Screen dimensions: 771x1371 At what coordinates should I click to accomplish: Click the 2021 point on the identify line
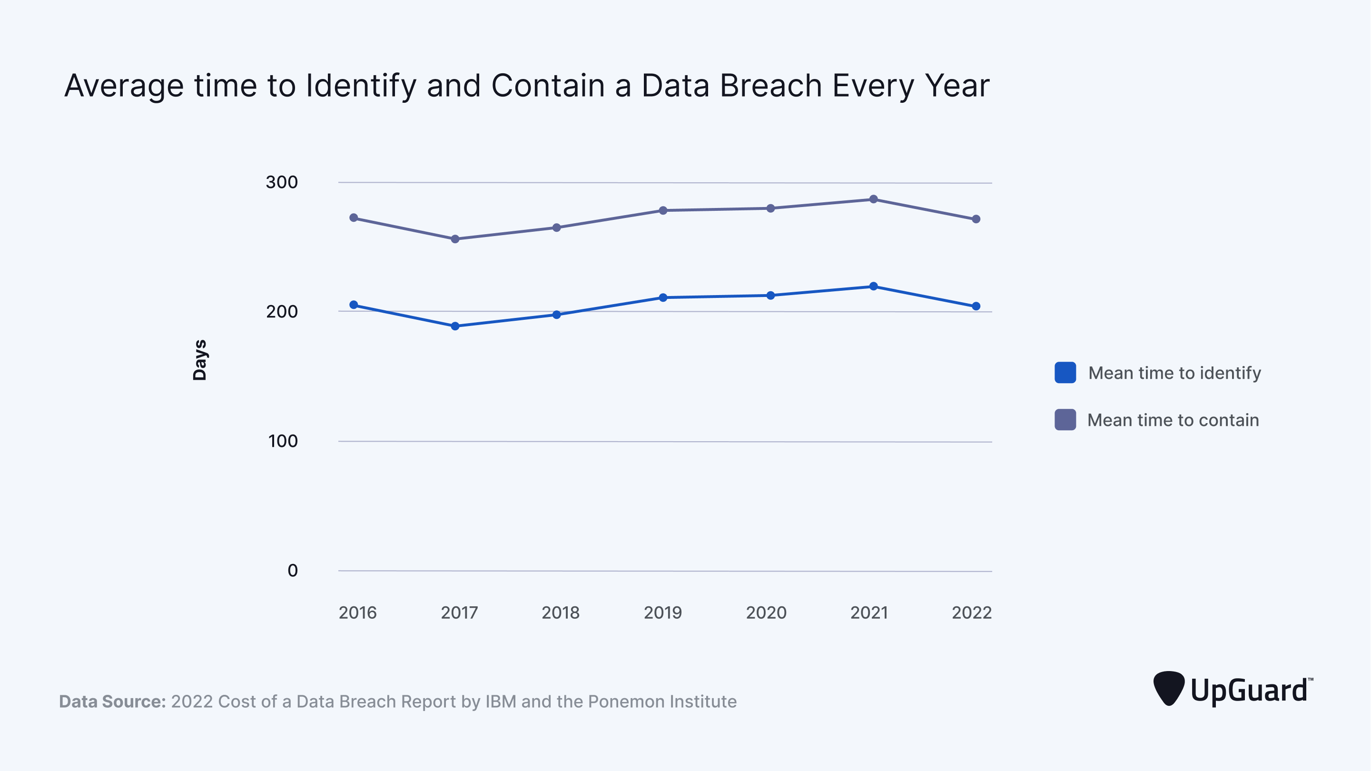coord(873,287)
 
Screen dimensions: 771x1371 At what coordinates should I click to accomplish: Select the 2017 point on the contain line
coord(455,239)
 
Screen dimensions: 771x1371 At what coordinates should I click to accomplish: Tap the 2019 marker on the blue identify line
coord(663,297)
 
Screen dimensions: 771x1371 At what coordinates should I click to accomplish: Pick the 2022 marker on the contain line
coord(976,219)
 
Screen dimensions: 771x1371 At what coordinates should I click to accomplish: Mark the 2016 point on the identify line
coord(354,305)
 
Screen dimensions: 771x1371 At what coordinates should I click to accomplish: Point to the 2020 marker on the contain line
coord(770,208)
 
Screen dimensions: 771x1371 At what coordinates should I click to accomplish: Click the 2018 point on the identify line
coord(557,315)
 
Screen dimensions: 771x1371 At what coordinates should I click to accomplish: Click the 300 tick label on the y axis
coord(282,183)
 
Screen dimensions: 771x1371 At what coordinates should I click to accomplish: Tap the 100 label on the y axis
coord(283,441)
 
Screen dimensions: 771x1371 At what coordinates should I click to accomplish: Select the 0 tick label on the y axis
coord(292,571)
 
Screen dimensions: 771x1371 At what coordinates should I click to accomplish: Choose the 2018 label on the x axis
coord(561,613)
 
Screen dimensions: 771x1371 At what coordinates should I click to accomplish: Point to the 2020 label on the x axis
coord(766,613)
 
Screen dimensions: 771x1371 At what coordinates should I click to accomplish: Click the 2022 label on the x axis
coord(971,613)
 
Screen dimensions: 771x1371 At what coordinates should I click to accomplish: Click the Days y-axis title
coord(199,360)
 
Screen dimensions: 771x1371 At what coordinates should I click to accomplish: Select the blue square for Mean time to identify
coord(1065,373)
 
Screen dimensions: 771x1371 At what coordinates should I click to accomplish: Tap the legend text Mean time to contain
coord(1173,420)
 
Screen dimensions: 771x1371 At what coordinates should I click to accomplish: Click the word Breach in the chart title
coord(770,86)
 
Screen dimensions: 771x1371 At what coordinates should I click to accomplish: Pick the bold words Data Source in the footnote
coord(112,702)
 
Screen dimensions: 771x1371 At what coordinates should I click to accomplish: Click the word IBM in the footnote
coord(500,702)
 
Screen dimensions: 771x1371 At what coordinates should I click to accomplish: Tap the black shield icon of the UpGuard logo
coord(1169,688)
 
